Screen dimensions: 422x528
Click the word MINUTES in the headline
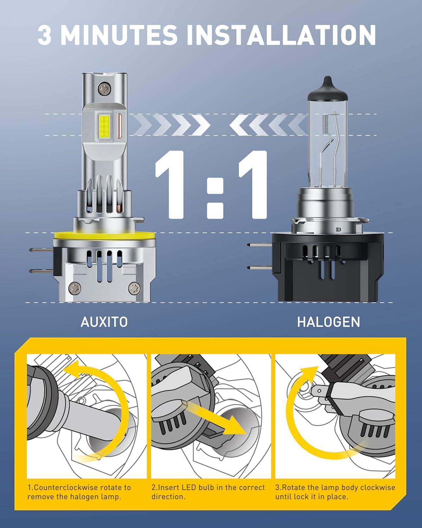(119, 35)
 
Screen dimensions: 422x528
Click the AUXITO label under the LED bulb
(104, 322)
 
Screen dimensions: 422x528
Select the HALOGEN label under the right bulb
(328, 322)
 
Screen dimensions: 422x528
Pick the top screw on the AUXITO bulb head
(104, 88)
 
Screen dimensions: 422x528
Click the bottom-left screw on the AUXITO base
(74, 288)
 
